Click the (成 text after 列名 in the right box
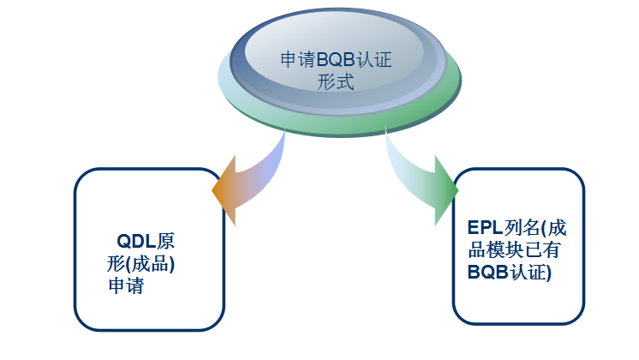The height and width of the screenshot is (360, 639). pos(556,229)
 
